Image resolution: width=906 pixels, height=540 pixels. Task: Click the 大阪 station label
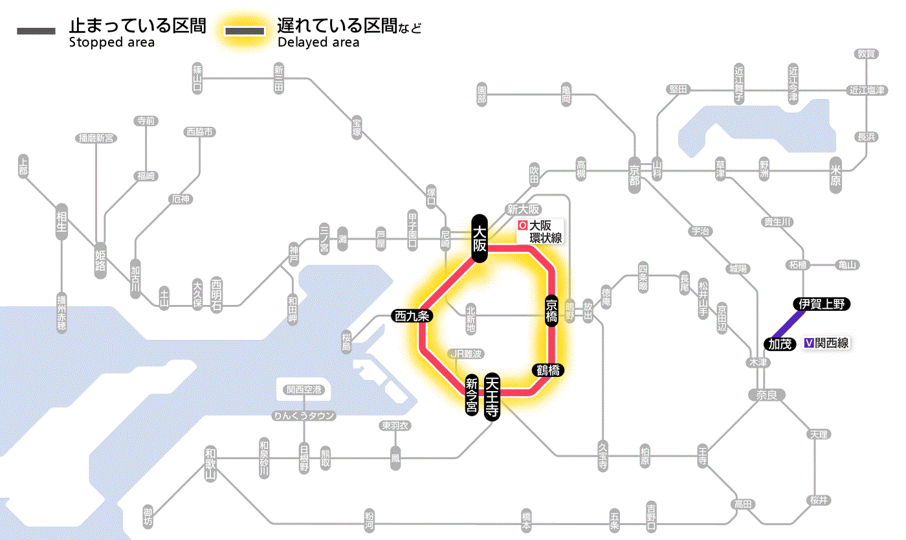click(479, 238)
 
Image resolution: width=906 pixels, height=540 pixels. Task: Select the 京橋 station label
click(551, 311)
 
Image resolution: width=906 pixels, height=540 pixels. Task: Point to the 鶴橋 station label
click(547, 370)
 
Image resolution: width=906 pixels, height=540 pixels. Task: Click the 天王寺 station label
click(492, 397)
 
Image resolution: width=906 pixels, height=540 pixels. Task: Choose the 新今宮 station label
click(472, 396)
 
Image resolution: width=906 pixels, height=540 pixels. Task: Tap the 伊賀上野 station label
click(822, 304)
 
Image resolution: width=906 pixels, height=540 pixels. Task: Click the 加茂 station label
click(780, 344)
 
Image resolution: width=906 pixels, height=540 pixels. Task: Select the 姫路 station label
click(100, 261)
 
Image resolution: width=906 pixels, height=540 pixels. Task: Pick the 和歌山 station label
click(210, 464)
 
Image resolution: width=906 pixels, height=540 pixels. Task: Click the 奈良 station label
click(766, 394)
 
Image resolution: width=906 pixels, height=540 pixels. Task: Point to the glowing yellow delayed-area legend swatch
click(245, 32)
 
